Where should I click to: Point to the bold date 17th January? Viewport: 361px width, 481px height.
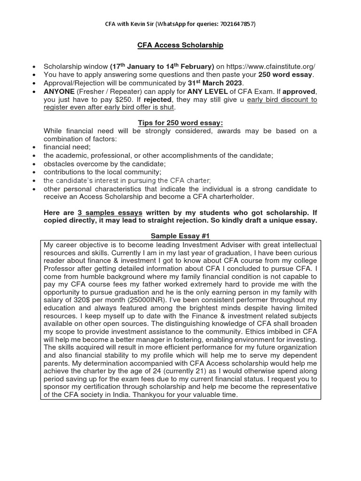pos(134,66)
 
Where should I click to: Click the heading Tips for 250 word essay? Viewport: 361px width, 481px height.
pos(180,123)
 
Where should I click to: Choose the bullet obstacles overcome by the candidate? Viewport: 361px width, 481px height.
pos(105,163)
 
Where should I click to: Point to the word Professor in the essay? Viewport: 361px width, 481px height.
pos(59,269)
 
